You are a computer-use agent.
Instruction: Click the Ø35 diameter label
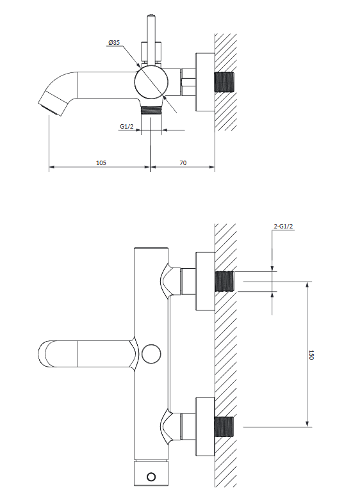(x=114, y=42)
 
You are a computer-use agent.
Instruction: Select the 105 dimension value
(x=101, y=163)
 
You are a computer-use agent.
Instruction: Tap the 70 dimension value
(x=183, y=163)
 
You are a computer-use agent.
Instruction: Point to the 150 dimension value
(x=311, y=355)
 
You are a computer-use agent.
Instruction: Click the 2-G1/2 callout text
(x=283, y=226)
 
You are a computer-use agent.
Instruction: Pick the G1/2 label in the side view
(x=127, y=127)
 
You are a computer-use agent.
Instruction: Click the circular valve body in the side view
(x=152, y=82)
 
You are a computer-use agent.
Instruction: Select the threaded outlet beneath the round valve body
(x=151, y=109)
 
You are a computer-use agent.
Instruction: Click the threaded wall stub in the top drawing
(x=224, y=82)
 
